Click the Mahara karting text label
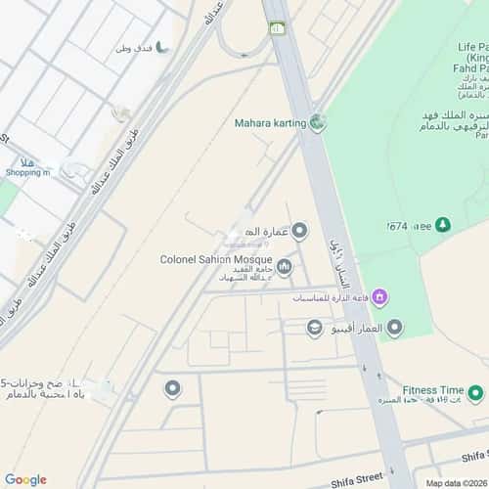point(270,123)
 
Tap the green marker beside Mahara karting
point(317,123)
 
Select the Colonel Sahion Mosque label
point(216,259)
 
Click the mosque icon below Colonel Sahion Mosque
point(284,266)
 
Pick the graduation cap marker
point(314,328)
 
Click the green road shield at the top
point(278,28)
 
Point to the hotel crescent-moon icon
point(163,46)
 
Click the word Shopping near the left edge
point(26,172)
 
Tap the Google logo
point(25,479)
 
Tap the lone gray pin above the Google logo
point(172,389)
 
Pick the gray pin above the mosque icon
point(300,231)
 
